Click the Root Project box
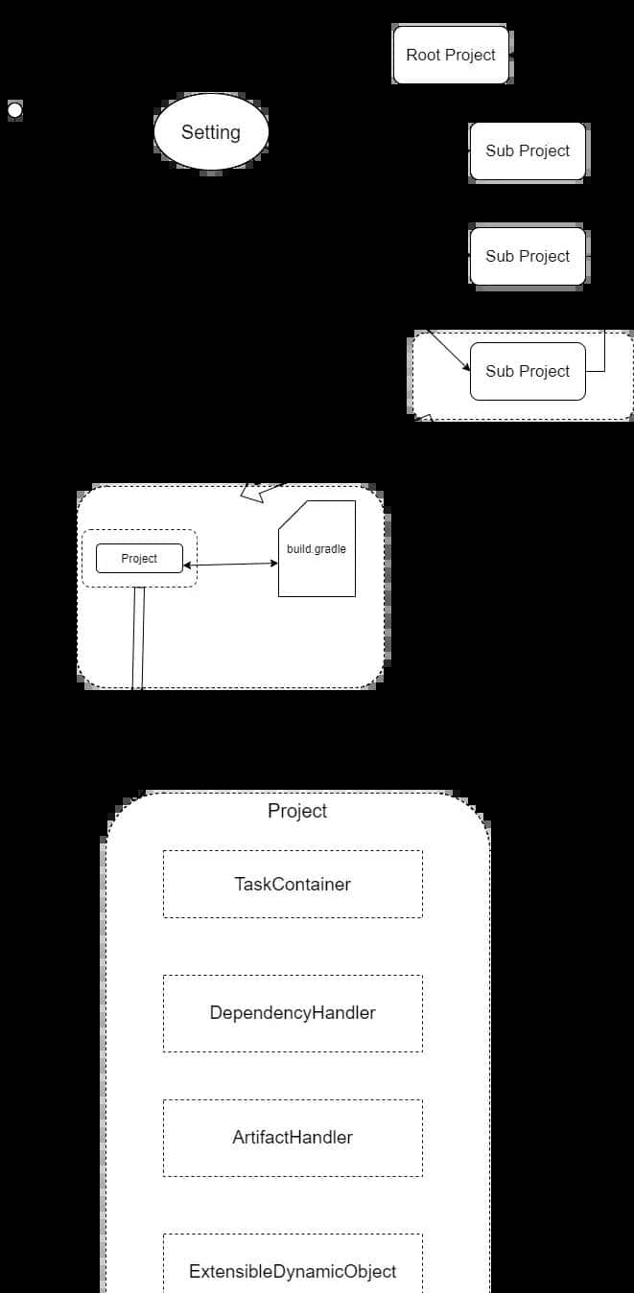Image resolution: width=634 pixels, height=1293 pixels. click(451, 55)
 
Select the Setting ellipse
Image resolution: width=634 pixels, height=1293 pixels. click(211, 132)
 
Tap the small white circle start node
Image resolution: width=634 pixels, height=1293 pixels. click(15, 110)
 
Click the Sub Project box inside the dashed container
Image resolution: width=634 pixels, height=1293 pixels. click(528, 371)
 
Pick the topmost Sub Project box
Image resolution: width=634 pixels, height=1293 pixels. click(528, 150)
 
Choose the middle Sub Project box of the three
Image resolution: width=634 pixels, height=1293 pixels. click(528, 256)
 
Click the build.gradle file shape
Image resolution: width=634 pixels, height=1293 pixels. click(317, 566)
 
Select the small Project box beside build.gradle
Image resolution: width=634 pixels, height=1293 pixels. click(139, 558)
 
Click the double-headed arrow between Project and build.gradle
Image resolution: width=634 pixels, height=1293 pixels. click(230, 565)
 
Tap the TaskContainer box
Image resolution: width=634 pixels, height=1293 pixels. click(293, 884)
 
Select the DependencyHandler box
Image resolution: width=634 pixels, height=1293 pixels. click(293, 1013)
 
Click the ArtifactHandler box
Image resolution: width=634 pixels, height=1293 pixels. click(293, 1138)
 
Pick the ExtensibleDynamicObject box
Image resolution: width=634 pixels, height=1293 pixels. click(293, 1272)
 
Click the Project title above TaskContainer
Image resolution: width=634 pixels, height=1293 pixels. click(297, 811)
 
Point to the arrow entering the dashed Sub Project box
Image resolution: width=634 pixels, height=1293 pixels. click(448, 351)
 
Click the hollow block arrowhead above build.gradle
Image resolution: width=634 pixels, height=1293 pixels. click(254, 492)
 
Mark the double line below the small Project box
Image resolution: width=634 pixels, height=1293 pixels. click(138, 637)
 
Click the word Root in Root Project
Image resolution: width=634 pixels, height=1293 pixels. click(423, 55)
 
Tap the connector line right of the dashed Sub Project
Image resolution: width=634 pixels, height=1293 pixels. click(604, 355)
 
